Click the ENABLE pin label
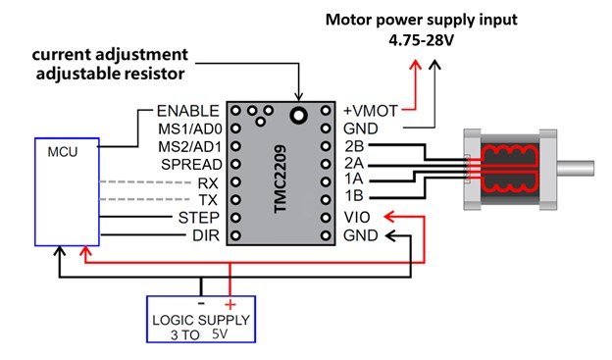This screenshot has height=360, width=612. click(187, 111)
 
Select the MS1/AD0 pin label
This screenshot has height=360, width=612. click(190, 129)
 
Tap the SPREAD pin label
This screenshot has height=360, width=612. click(191, 165)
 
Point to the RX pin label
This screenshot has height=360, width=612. click(208, 182)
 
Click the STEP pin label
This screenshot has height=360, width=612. click(199, 218)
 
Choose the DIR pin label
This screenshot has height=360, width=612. click(206, 235)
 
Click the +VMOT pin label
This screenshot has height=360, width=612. click(370, 111)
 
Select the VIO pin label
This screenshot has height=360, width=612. click(357, 218)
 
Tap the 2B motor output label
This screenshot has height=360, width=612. click(354, 146)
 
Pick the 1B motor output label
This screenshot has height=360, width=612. click(354, 195)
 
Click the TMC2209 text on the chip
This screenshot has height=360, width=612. click(280, 180)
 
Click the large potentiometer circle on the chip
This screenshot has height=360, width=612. click(298, 115)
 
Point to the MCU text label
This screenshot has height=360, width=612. click(63, 151)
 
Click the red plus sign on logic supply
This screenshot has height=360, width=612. click(230, 304)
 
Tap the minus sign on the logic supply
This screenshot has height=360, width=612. click(201, 303)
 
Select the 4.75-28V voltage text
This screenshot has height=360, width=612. click(421, 40)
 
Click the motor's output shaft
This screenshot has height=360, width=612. click(576, 169)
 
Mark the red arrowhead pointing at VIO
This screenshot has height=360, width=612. click(389, 217)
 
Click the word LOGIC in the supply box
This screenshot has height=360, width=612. click(171, 320)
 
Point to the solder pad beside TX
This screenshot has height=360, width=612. click(235, 200)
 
